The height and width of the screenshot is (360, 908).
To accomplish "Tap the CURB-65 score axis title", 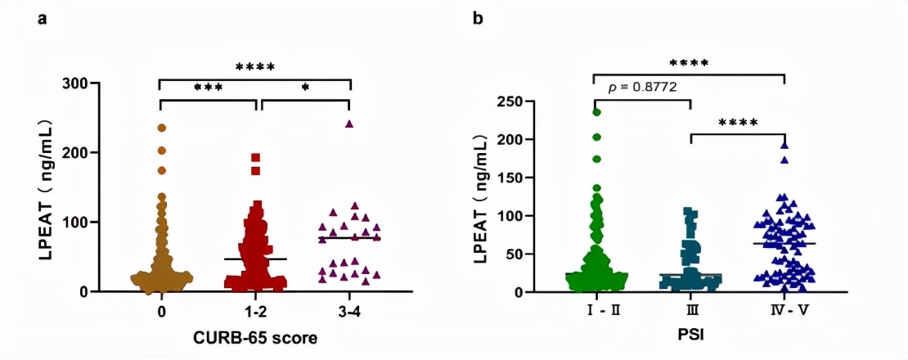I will click(x=255, y=337).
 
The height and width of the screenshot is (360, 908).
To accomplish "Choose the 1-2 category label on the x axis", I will click(x=255, y=312).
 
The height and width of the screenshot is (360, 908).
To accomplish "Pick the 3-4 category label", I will click(x=350, y=312).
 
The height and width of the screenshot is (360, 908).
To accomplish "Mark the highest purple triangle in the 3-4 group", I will click(x=349, y=124).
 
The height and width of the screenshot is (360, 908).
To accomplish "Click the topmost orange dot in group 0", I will click(x=161, y=128).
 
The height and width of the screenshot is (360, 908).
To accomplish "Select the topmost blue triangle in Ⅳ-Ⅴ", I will click(x=784, y=145).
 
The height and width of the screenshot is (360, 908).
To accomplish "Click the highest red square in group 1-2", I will click(x=256, y=157).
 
